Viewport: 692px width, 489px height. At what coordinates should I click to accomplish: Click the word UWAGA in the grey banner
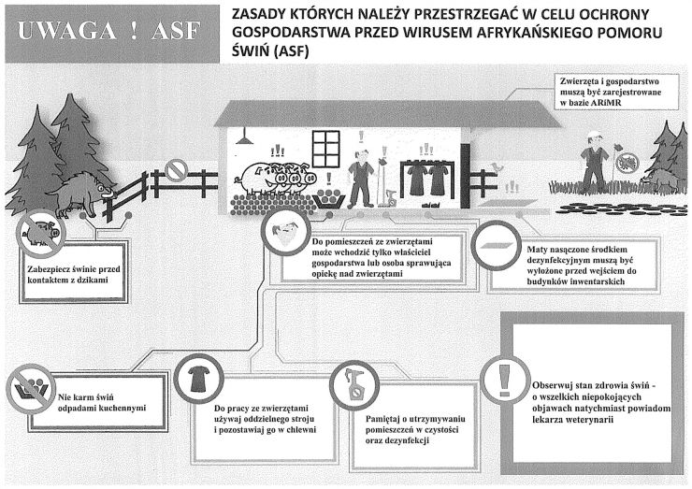pos(67,31)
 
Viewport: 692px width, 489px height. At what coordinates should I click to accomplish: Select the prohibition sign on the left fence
pos(177,170)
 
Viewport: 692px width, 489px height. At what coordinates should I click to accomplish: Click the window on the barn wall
pos(325,149)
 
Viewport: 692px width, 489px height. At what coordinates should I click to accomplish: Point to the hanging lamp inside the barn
pos(244,137)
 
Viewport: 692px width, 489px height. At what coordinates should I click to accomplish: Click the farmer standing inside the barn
pos(362,178)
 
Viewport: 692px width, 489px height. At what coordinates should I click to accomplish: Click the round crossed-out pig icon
pos(40,233)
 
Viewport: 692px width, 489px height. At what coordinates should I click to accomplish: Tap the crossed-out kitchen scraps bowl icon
pos(31,388)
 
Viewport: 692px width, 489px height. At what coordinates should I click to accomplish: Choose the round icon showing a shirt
pos(198,379)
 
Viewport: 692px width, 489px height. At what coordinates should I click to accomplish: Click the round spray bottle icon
pos(354,385)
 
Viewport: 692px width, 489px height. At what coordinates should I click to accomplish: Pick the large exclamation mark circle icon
pos(505,380)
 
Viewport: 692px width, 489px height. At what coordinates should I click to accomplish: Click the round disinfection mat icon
pos(496,246)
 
